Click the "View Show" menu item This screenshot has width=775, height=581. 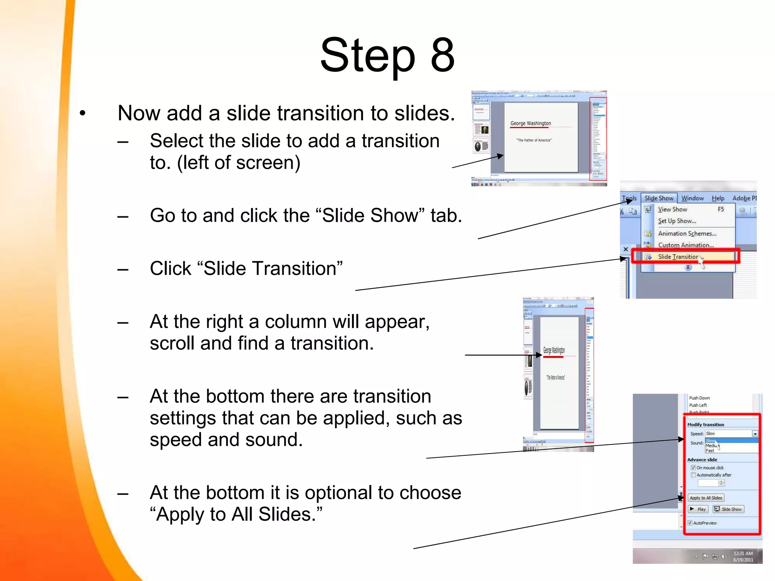click(672, 209)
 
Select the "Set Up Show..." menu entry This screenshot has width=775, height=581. click(677, 221)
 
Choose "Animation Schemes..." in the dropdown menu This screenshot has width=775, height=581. click(687, 233)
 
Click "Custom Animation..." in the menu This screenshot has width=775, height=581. click(686, 245)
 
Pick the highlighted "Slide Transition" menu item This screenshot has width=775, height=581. click(678, 257)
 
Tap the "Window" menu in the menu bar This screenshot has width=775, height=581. click(692, 198)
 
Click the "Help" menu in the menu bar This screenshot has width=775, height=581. click(717, 198)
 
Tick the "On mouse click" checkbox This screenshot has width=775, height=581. click(693, 468)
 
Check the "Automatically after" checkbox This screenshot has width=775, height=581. click(693, 475)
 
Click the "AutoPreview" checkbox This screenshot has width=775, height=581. click(690, 523)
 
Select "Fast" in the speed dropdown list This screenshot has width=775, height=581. click(710, 451)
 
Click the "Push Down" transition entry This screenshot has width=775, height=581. click(699, 398)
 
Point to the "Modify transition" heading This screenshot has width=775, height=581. click(705, 424)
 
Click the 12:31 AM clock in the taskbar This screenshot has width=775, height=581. click(743, 553)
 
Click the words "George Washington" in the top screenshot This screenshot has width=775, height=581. click(531, 123)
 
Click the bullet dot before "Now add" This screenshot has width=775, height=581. click(83, 113)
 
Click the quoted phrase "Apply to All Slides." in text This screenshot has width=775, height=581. click(237, 514)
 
